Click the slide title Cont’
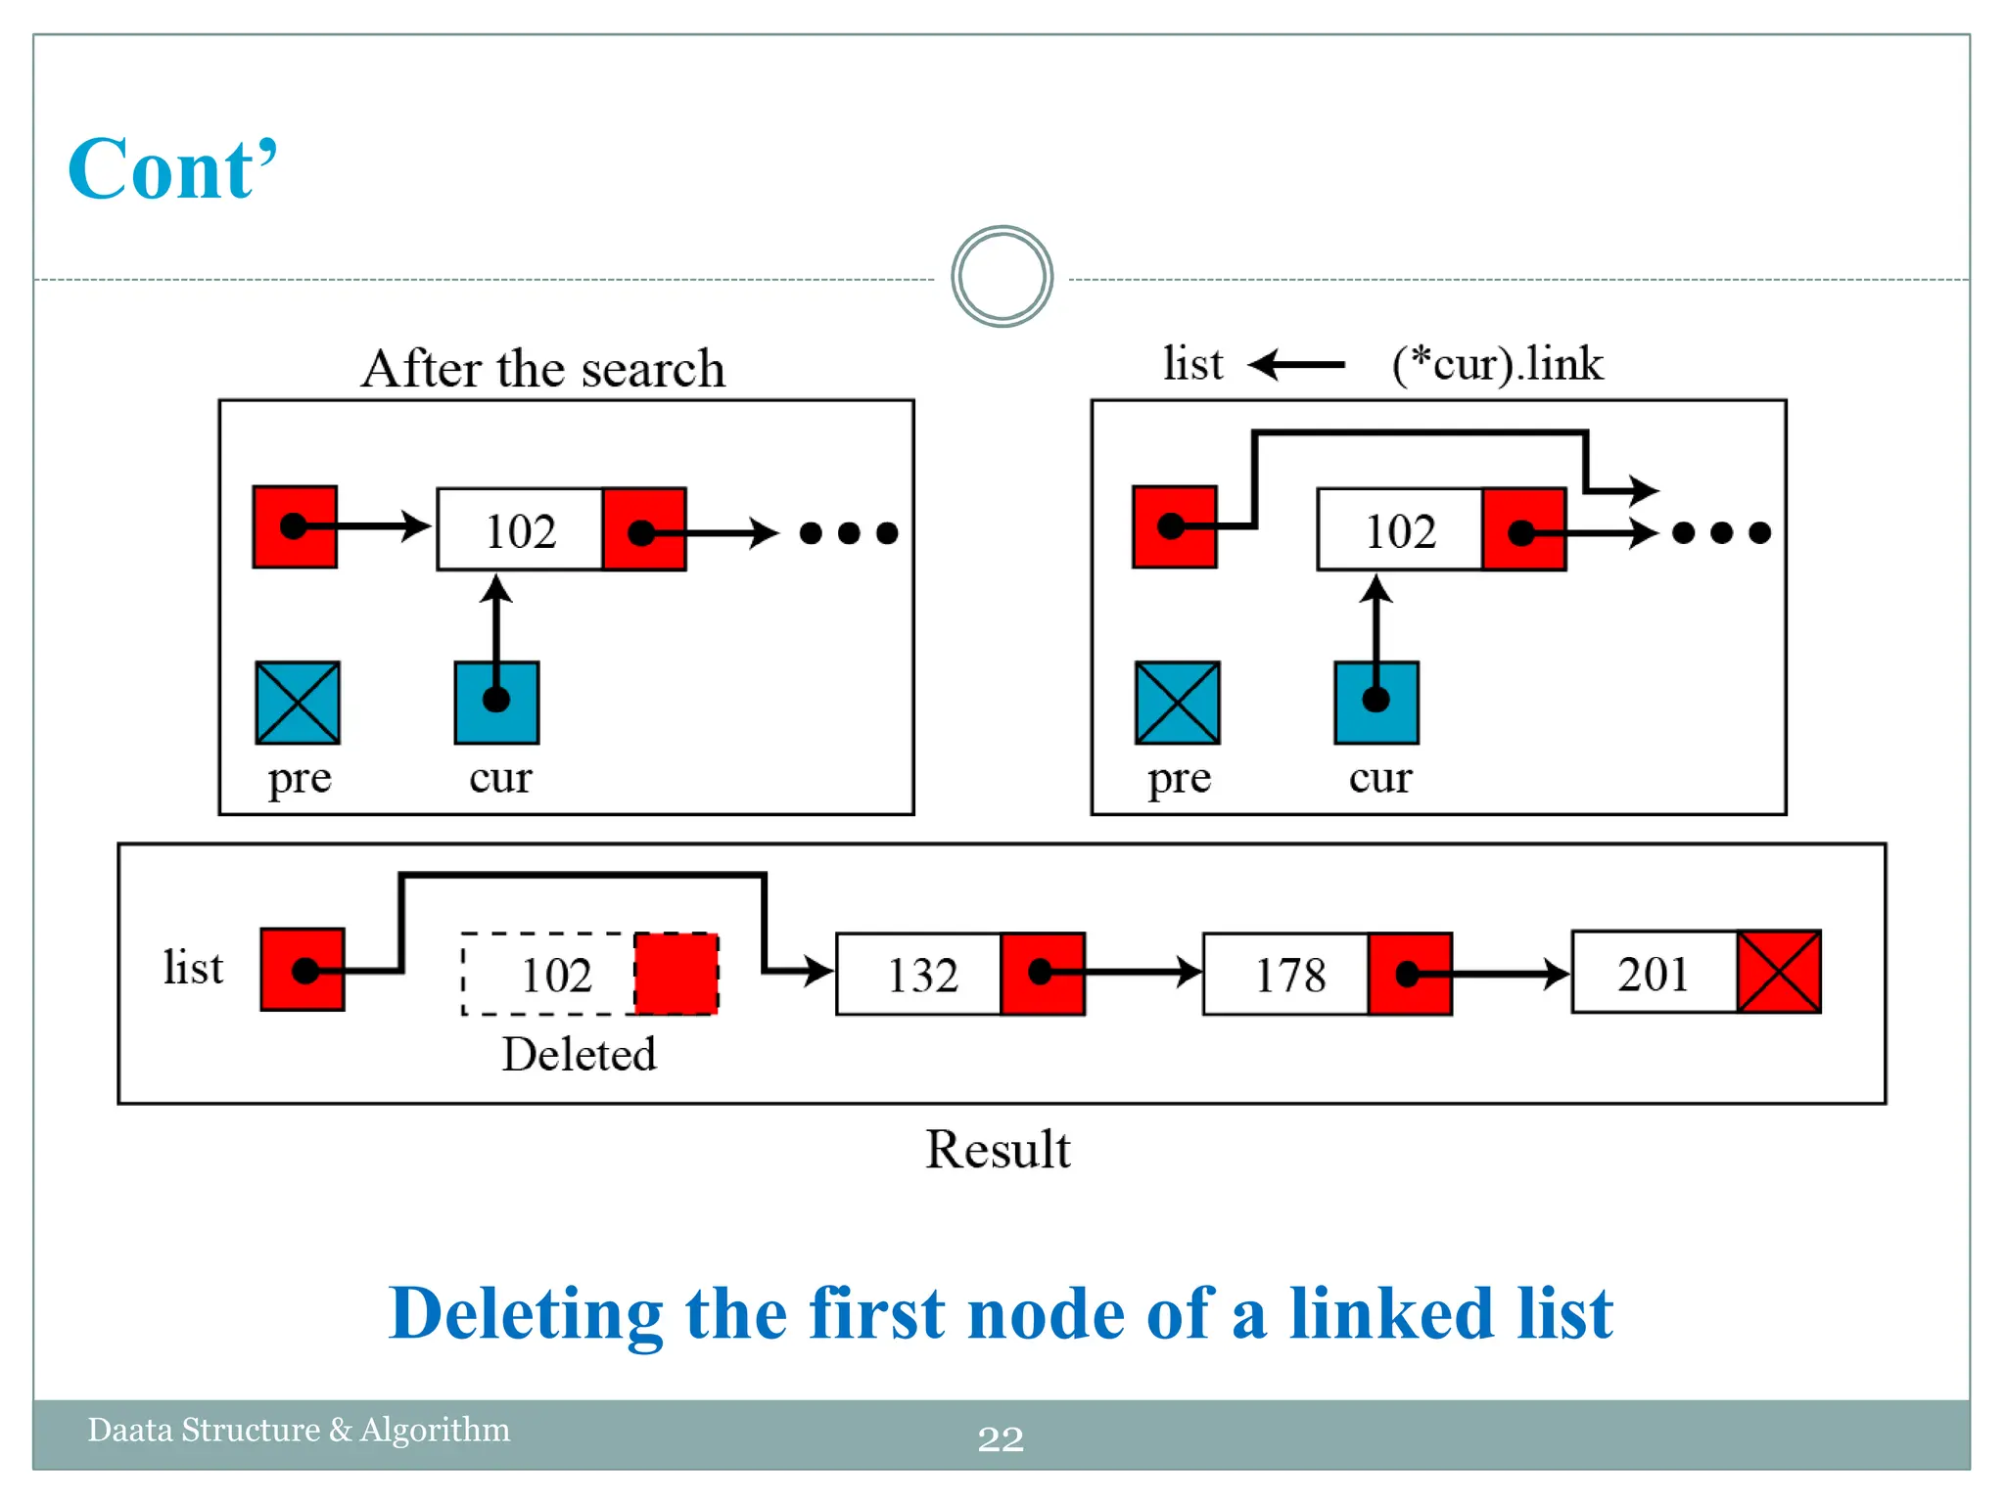pyautogui.click(x=172, y=169)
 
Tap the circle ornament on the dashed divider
pyautogui.click(x=1002, y=277)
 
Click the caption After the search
pyautogui.click(x=543, y=369)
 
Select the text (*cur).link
pyautogui.click(x=1497, y=364)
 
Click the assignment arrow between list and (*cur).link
pyautogui.click(x=1298, y=365)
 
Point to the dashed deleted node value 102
pyautogui.click(x=556, y=975)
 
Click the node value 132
pyautogui.click(x=921, y=975)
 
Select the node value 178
pyautogui.click(x=1289, y=975)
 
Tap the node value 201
pyautogui.click(x=1653, y=974)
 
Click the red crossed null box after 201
pyautogui.click(x=1779, y=972)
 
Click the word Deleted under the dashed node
pyautogui.click(x=579, y=1054)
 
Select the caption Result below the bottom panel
pyautogui.click(x=998, y=1149)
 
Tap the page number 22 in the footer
pyautogui.click(x=1001, y=1438)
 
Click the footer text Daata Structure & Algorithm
pyautogui.click(x=299, y=1430)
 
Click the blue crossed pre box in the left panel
pyautogui.click(x=298, y=703)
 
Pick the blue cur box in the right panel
pyautogui.click(x=1376, y=703)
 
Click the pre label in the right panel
pyautogui.click(x=1179, y=779)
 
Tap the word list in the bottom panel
pyautogui.click(x=193, y=968)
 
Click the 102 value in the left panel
pyautogui.click(x=521, y=531)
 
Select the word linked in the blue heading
pyautogui.click(x=1391, y=1313)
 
